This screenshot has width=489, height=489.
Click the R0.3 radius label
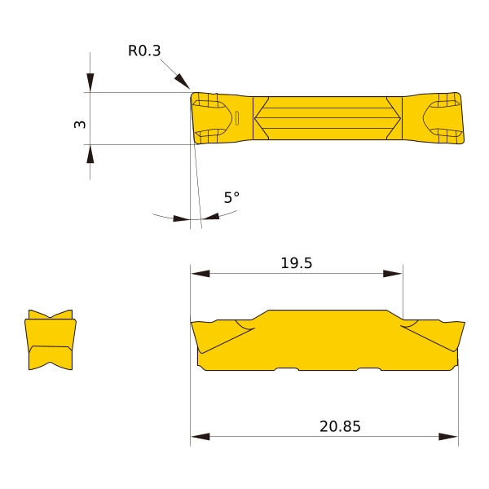144,51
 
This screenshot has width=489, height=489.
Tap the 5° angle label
231,197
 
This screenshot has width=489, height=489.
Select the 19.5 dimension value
297,263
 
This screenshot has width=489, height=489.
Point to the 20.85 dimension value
340,426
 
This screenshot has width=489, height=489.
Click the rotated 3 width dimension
80,124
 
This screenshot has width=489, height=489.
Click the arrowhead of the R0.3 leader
182,81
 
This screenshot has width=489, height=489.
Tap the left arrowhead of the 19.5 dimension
200,274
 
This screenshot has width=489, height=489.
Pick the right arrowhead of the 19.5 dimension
393,274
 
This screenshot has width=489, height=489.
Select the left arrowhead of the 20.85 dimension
200,436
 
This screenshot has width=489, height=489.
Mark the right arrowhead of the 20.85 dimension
448,436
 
